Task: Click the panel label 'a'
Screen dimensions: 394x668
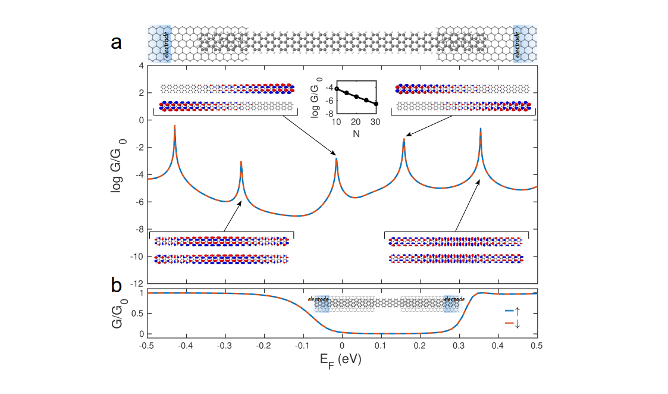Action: (117, 43)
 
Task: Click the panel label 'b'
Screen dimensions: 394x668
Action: (117, 286)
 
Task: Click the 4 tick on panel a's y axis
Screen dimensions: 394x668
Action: (140, 65)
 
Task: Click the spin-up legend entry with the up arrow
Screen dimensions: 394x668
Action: (512, 310)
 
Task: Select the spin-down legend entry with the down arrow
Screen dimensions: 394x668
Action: (512, 324)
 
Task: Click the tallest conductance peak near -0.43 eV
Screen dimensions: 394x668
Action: (174, 126)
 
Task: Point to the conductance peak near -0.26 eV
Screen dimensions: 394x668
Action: (241, 161)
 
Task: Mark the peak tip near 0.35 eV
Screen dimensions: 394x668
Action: (480, 129)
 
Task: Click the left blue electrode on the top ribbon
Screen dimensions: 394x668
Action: (159, 43)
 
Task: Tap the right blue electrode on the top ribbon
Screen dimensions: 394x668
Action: (525, 43)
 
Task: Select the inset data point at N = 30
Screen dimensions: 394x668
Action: (375, 104)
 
